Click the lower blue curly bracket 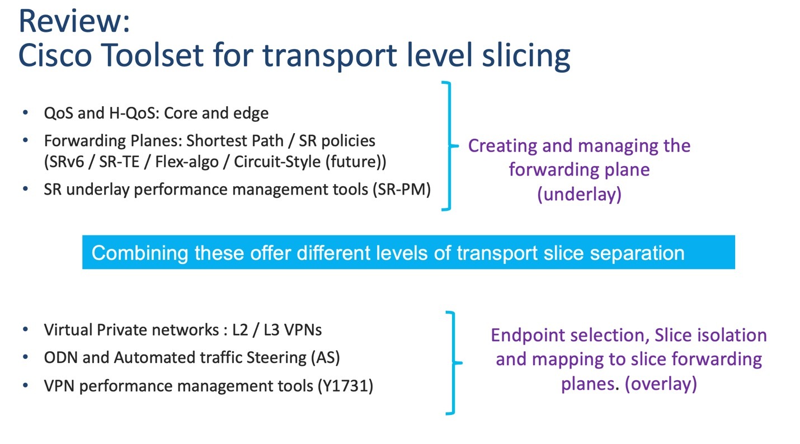pyautogui.click(x=453, y=363)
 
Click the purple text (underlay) pyautogui.click(x=579, y=194)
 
